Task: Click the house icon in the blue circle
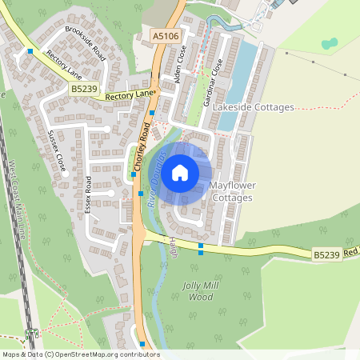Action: coord(180,172)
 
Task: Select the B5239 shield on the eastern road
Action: coord(326,254)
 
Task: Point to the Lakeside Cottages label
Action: coord(255,107)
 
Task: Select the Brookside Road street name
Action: coord(86,44)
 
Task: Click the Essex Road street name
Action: coord(90,195)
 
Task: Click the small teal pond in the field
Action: coord(329,43)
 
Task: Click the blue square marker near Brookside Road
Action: coord(30,51)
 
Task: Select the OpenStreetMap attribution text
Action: coord(80,354)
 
